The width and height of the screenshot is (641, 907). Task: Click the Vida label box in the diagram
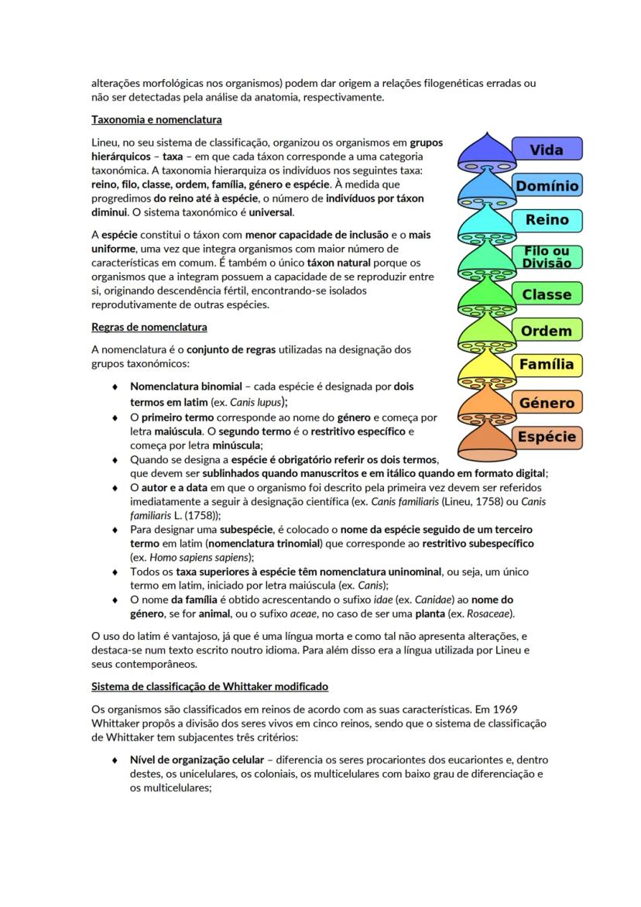pyautogui.click(x=547, y=149)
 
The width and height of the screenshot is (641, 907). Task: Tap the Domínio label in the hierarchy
pyautogui.click(x=547, y=186)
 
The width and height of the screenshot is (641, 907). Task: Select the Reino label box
pyautogui.click(x=547, y=220)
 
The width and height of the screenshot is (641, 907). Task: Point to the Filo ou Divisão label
pyautogui.click(x=547, y=257)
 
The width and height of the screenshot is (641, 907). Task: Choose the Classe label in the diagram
pyautogui.click(x=547, y=294)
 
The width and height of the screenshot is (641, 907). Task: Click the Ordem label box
pyautogui.click(x=547, y=331)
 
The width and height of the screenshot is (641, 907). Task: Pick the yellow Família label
pyautogui.click(x=547, y=365)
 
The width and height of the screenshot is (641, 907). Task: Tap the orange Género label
pyautogui.click(x=547, y=403)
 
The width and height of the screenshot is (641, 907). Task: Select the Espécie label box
pyautogui.click(x=547, y=437)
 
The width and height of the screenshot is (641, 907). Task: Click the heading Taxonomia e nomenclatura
pyautogui.click(x=156, y=120)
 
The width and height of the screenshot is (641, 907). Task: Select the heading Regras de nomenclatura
pyautogui.click(x=149, y=327)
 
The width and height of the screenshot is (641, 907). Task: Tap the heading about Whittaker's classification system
pyautogui.click(x=209, y=686)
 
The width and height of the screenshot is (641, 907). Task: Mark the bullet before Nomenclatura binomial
pyautogui.click(x=115, y=387)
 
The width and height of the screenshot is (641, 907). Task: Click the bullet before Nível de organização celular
pyautogui.click(x=115, y=761)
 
